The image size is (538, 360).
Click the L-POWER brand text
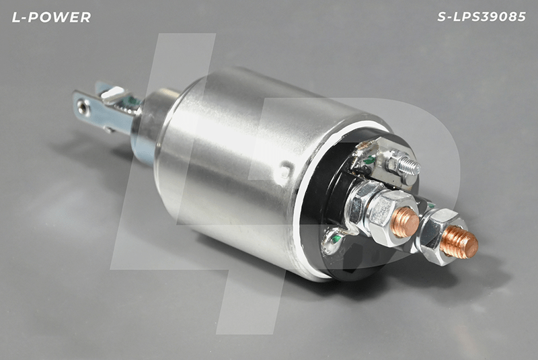52,17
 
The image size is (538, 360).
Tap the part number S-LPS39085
482,17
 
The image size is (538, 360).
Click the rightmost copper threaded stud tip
460,242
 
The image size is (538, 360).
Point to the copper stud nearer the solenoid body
406,222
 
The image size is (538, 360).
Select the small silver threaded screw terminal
409,166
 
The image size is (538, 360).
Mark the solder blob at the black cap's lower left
331,242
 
